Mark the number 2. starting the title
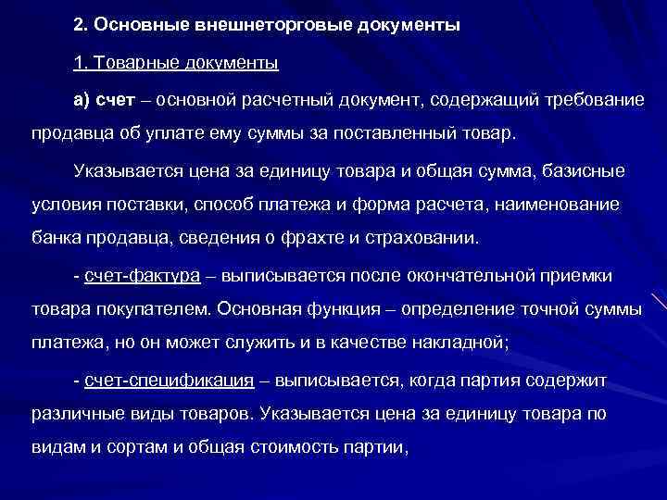(x=81, y=23)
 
